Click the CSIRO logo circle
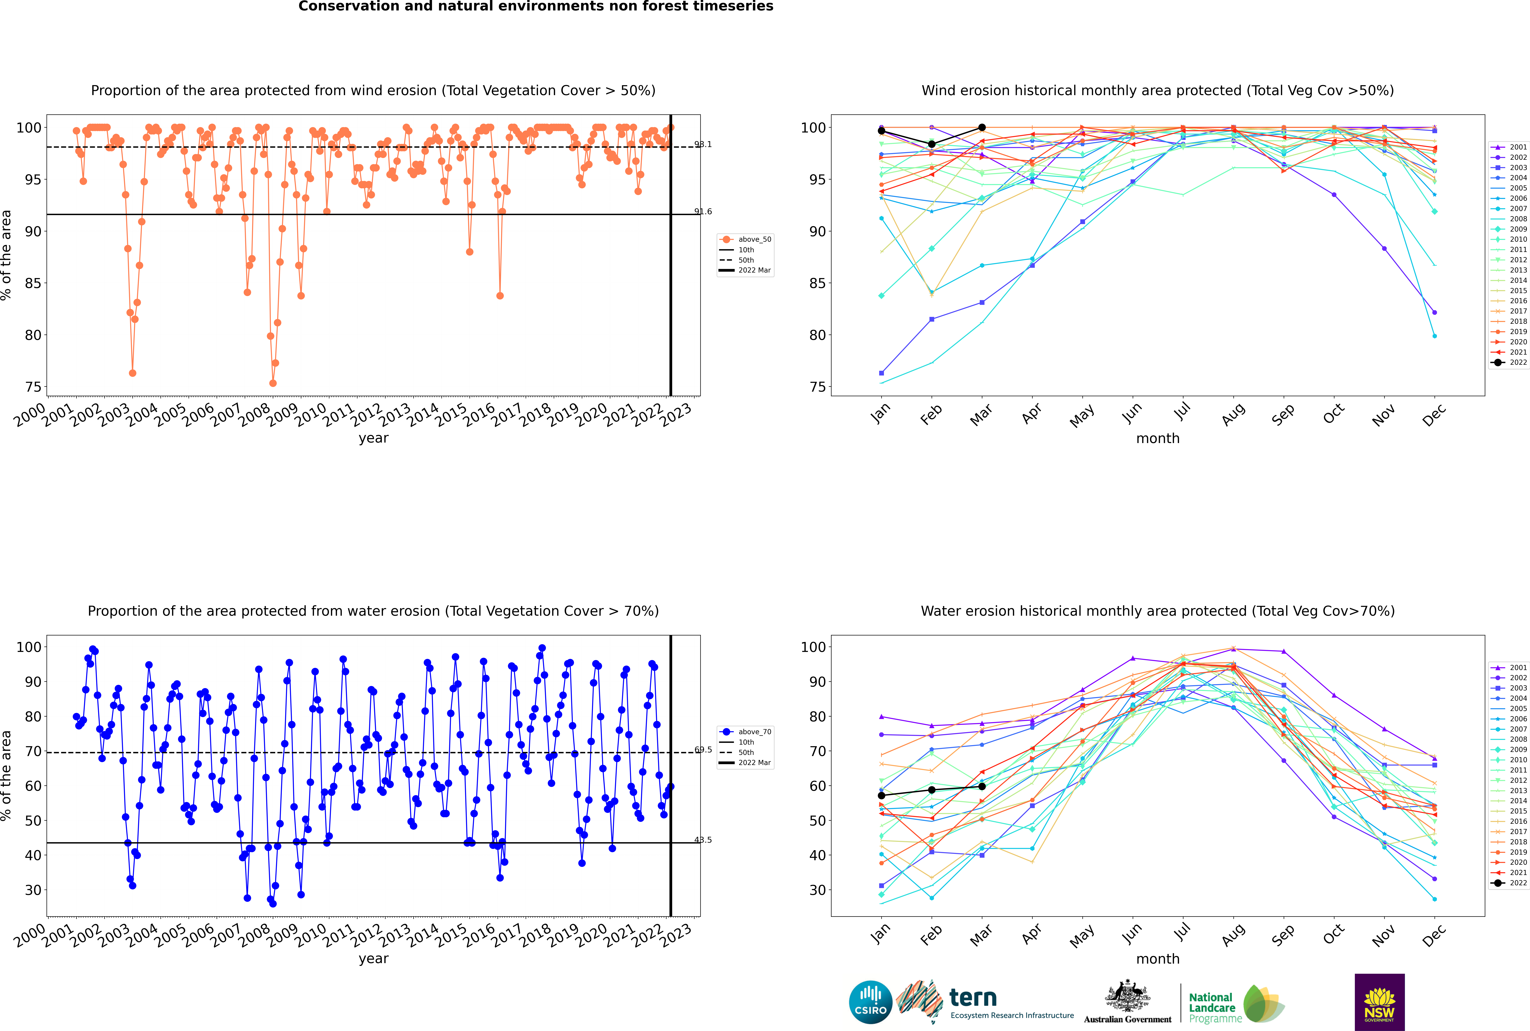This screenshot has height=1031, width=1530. tap(870, 1002)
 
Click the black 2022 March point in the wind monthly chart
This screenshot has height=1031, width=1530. tap(982, 128)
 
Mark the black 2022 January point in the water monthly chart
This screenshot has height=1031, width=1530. tap(881, 796)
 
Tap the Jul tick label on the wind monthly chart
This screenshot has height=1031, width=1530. tap(1182, 412)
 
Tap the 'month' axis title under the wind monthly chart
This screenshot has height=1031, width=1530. tap(1158, 439)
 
